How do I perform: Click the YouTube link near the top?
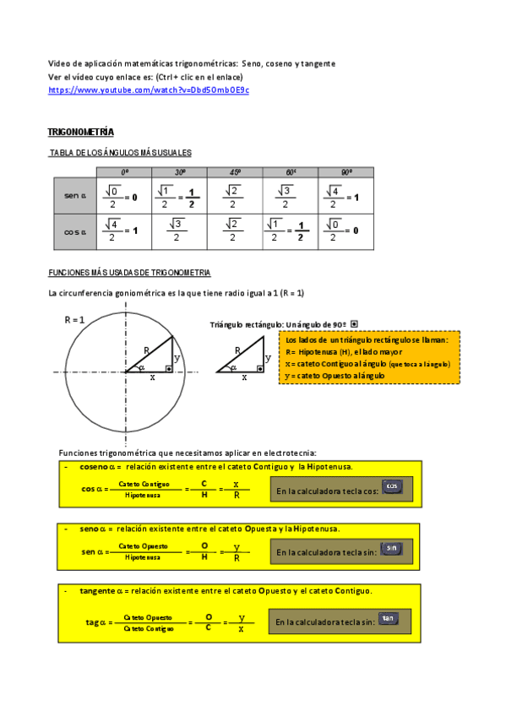pos(149,89)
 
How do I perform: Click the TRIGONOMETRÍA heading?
pos(81,133)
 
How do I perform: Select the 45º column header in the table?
pos(235,171)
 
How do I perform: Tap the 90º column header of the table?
pos(346,171)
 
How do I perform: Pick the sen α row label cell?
pos(75,195)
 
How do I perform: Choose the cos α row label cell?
pos(75,231)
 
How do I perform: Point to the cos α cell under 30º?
pos(178,231)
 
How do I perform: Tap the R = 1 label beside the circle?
pos(75,320)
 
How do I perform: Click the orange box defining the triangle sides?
pos(369,357)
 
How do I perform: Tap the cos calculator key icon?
pos(391,487)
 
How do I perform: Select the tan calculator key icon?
pos(388,619)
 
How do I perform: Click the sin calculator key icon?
pos(390,549)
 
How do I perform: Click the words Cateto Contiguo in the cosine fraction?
pos(144,484)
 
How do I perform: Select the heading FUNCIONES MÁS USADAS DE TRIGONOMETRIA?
pos(129,274)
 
